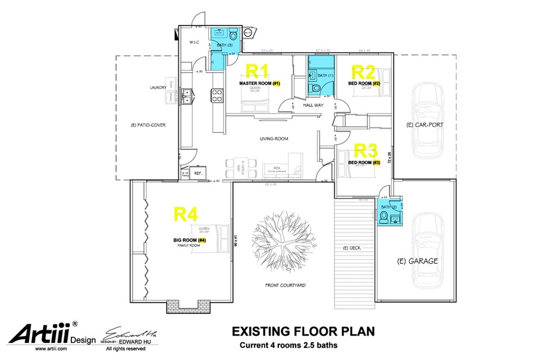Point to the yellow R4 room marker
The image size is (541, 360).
[x=186, y=214]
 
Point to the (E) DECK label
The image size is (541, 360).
[x=352, y=248]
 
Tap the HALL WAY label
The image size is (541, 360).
[x=313, y=105]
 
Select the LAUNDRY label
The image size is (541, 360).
[x=158, y=88]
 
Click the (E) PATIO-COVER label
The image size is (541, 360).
[x=148, y=125]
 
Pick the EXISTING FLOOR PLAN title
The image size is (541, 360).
[x=303, y=331]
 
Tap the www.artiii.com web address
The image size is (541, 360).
[x=51, y=349]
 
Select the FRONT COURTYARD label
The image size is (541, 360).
[x=285, y=285]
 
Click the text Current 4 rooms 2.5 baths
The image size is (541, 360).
[x=288, y=346]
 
